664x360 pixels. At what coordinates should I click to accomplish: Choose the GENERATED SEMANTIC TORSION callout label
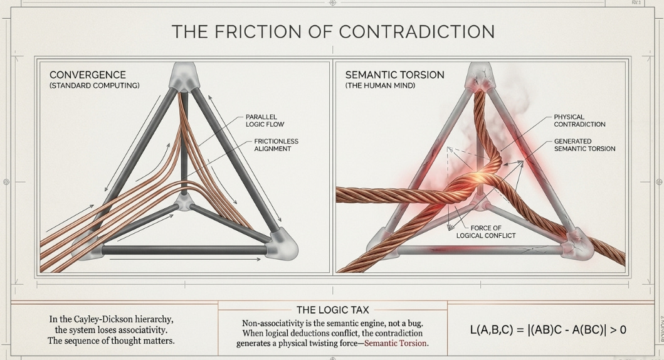coord(584,146)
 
